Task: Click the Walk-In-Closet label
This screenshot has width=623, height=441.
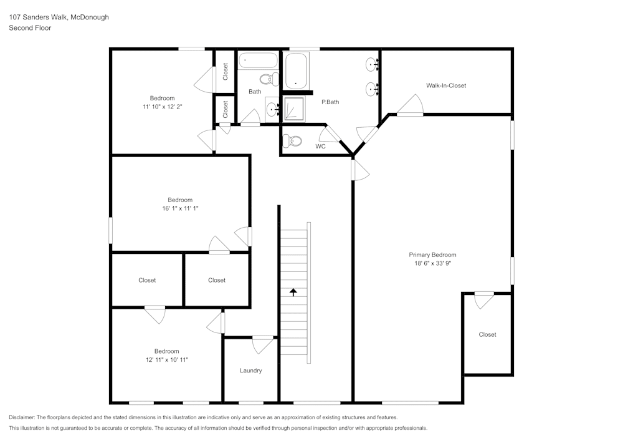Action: [445, 85]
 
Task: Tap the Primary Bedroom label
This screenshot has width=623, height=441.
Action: [432, 254]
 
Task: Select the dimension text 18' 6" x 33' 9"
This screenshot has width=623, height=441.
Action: [432, 264]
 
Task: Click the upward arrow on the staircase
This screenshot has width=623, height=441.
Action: [293, 291]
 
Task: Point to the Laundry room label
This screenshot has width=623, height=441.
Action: [250, 371]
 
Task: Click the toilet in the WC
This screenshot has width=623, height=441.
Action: [292, 140]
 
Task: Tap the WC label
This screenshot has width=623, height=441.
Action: [320, 147]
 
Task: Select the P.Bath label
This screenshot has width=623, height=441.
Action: [330, 102]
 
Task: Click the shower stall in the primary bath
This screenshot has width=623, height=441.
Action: [294, 109]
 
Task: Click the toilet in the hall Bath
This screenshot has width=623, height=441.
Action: [269, 79]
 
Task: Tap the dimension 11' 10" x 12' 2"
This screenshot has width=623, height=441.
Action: [162, 107]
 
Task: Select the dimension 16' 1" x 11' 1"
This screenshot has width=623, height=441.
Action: [179, 208]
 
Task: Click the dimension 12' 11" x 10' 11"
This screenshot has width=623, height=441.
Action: [166, 360]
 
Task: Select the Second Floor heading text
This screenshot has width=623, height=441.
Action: [30, 28]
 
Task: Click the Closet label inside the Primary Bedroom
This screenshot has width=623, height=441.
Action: [487, 334]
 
